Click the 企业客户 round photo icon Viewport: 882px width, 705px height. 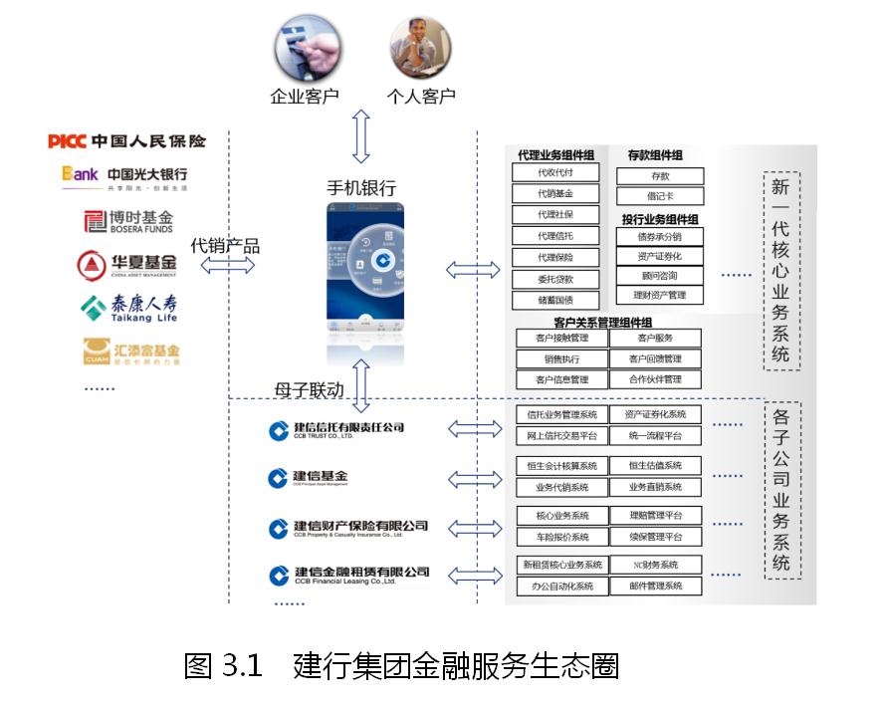[306, 49]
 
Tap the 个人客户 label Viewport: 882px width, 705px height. [420, 98]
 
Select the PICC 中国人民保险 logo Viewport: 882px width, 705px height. [127, 141]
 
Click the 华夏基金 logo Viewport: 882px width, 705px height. [127, 264]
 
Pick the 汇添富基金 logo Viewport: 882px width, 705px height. [131, 352]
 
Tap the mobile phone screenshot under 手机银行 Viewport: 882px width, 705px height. [366, 271]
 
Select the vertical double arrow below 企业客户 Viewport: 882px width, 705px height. [360, 136]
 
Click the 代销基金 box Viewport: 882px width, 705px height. [555, 193]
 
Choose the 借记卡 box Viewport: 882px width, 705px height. [659, 196]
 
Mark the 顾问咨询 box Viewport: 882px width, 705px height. [659, 276]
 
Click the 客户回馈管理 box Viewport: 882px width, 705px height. [655, 359]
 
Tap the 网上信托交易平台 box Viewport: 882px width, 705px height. [562, 436]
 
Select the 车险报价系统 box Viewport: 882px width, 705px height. [562, 537]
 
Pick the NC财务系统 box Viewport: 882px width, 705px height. [655, 566]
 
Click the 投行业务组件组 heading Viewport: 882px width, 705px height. [660, 219]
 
